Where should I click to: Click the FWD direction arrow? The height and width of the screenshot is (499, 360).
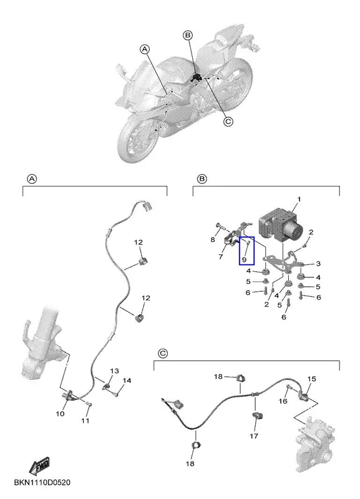(x=39, y=465)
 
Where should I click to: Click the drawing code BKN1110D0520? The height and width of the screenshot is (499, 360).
(x=42, y=482)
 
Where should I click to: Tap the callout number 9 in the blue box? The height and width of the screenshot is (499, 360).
(x=244, y=259)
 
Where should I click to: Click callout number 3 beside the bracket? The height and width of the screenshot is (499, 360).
(x=318, y=263)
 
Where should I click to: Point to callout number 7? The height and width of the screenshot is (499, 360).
(x=221, y=256)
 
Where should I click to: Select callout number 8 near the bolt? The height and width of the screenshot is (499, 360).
(x=213, y=240)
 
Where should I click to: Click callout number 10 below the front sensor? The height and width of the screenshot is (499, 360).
(x=60, y=414)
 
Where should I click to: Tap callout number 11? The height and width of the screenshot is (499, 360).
(x=85, y=420)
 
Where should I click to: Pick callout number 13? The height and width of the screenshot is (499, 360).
(x=115, y=371)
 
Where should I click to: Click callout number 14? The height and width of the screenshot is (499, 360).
(x=127, y=380)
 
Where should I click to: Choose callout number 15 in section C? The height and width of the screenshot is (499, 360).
(x=311, y=379)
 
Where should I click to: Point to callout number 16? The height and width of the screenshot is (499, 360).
(x=283, y=401)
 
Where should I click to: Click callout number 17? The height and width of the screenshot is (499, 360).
(x=254, y=435)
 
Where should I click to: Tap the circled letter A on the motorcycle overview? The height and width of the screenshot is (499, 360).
(x=145, y=49)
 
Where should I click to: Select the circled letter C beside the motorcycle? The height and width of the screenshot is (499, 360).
(x=228, y=122)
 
